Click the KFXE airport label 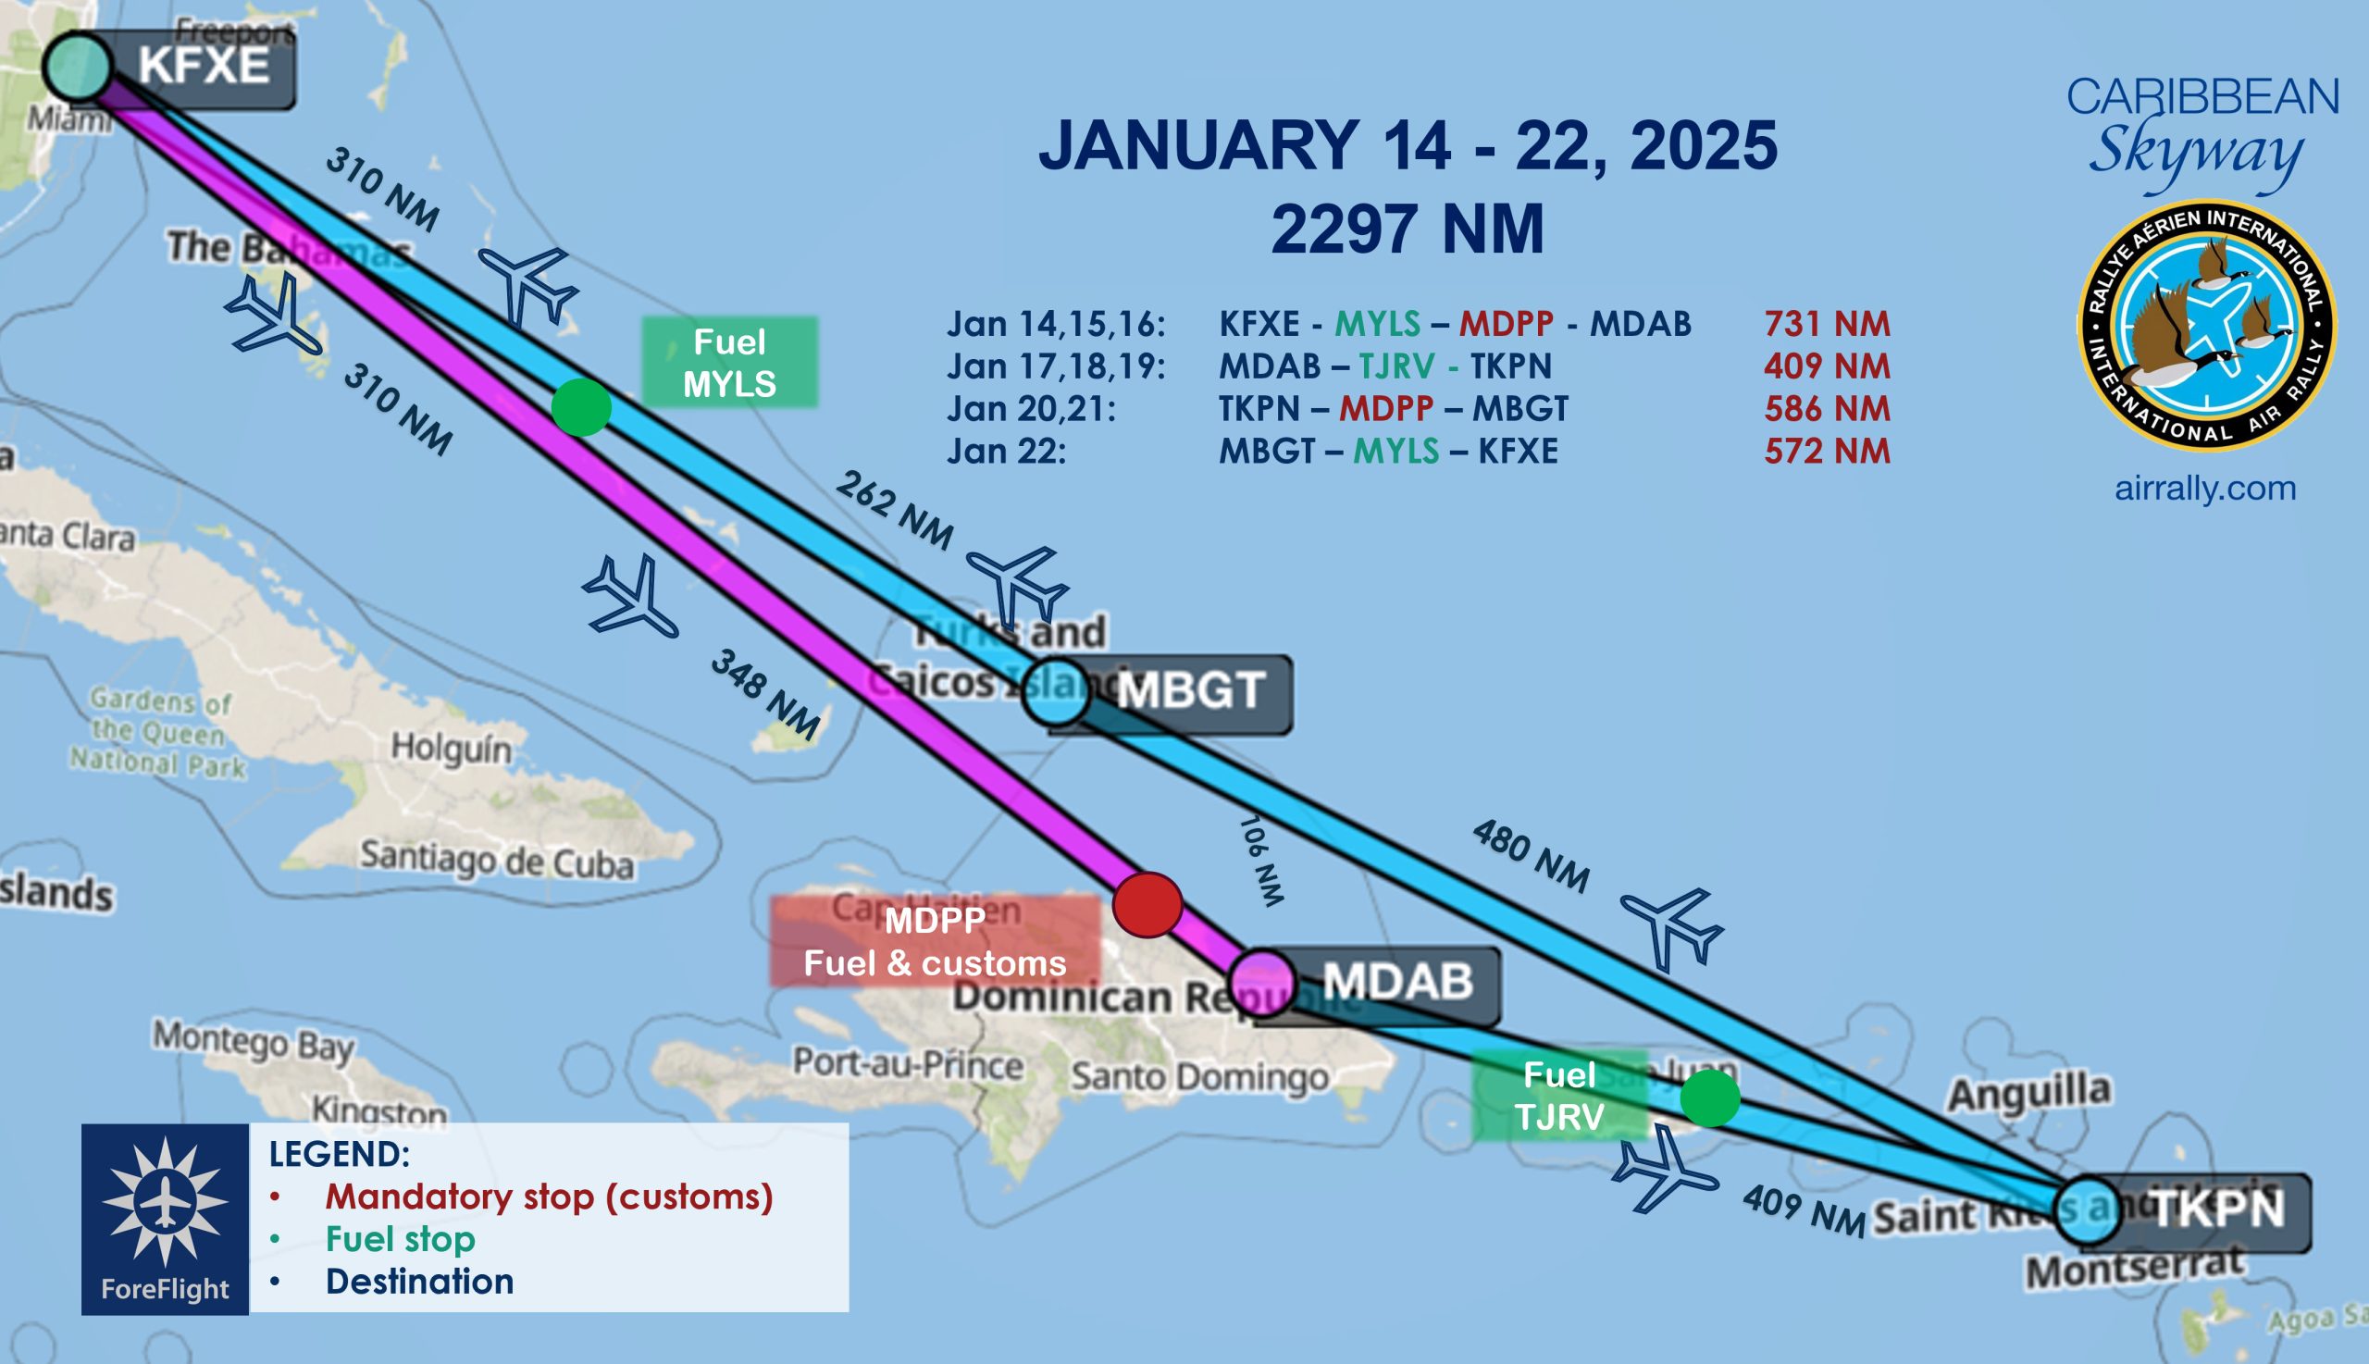(204, 67)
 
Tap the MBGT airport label (1190, 691)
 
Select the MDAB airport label (1396, 982)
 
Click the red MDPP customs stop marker (1147, 904)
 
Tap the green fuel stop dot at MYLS (581, 407)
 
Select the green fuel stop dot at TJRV (1709, 1097)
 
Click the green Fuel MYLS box (729, 363)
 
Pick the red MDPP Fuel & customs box (934, 941)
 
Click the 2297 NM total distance (1407, 229)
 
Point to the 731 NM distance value (1827, 324)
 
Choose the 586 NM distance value (1827, 408)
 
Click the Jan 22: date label (1006, 452)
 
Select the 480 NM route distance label (1531, 854)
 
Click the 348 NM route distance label (765, 692)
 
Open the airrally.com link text (2205, 488)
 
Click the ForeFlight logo (165, 1219)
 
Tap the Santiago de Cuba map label (498, 860)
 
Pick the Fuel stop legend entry (400, 1239)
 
